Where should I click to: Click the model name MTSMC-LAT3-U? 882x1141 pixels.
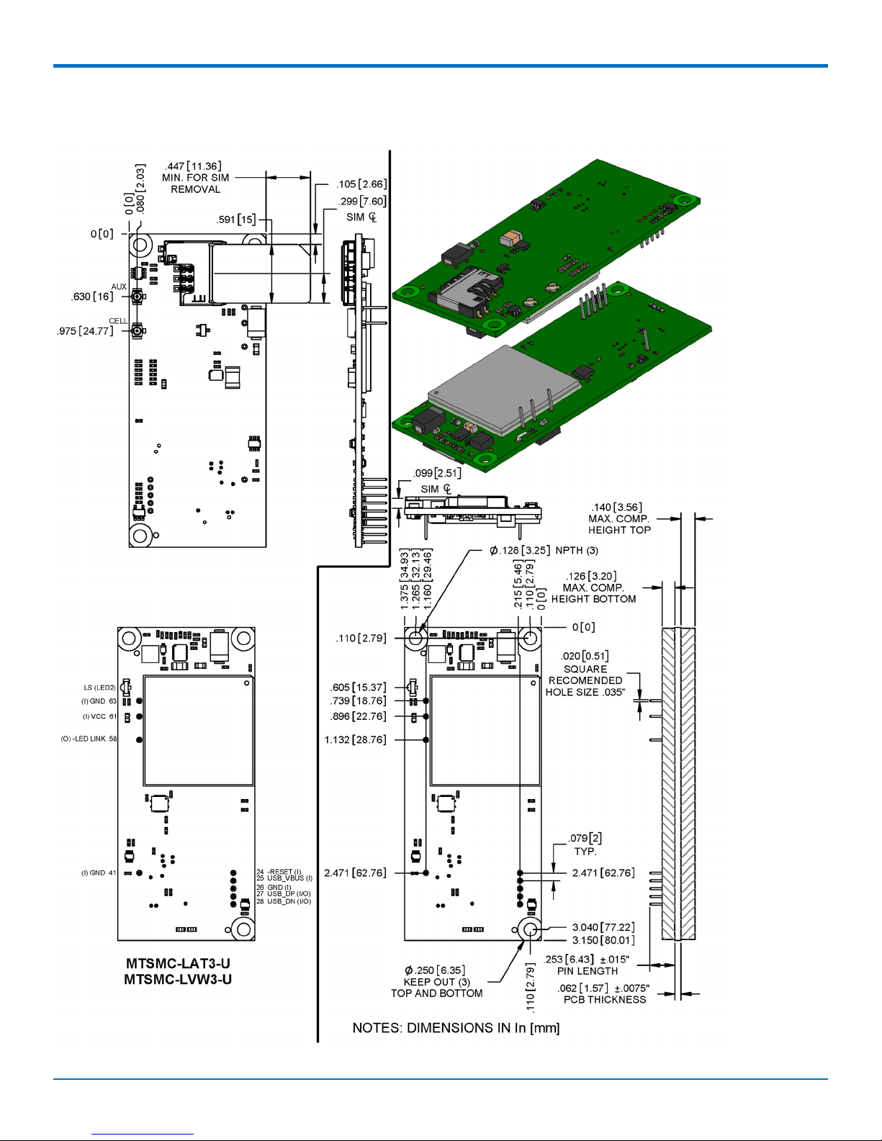[178, 963]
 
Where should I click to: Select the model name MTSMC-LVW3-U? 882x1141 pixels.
[178, 979]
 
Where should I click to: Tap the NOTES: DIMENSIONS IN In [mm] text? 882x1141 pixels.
[456, 1028]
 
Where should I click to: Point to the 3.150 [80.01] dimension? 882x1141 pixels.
[603, 940]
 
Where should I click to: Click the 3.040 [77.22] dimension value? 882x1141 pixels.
[603, 927]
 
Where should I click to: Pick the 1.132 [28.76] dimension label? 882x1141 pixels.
[355, 740]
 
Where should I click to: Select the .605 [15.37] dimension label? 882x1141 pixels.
[358, 687]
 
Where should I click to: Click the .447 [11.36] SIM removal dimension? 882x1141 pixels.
[193, 166]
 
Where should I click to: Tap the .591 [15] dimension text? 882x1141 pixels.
[236, 220]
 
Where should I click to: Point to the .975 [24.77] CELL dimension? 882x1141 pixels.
[85, 331]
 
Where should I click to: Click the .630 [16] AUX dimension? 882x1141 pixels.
[92, 297]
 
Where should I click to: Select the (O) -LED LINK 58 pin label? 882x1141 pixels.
[89, 739]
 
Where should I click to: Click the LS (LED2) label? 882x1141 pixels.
[99, 687]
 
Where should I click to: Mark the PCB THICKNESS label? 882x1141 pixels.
[605, 999]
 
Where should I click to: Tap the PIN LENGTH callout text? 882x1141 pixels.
[587, 971]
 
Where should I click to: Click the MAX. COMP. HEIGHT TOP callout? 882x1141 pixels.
[619, 519]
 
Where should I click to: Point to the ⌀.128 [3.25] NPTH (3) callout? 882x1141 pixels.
[544, 551]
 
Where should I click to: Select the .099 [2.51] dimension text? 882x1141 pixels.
[437, 473]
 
